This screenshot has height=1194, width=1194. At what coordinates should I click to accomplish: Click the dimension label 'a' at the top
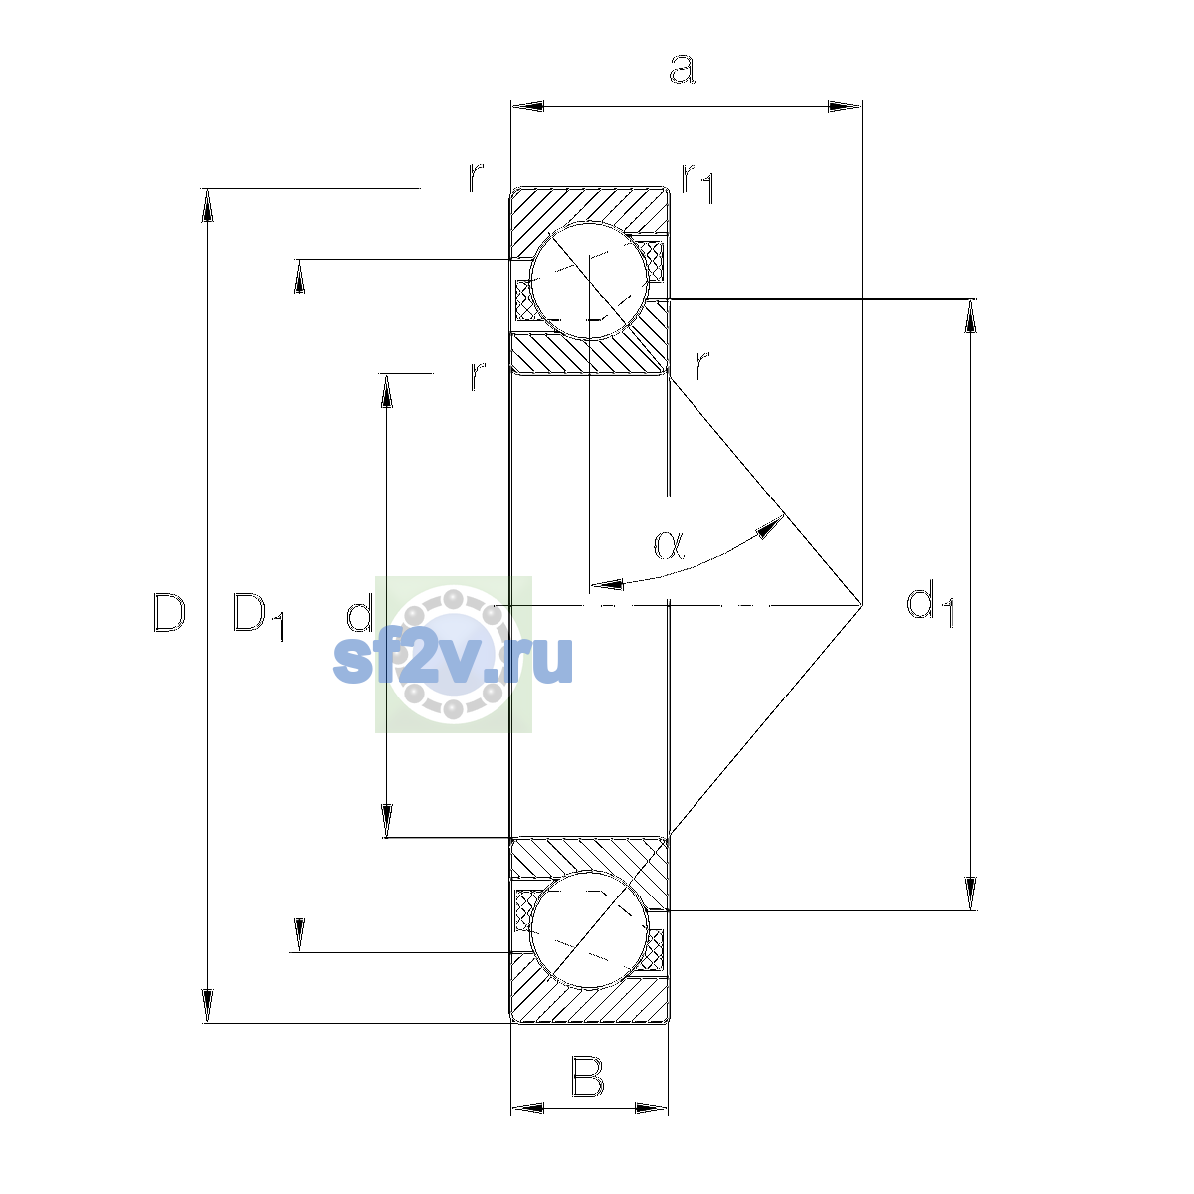pos(682,69)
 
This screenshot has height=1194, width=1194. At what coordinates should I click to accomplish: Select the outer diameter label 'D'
pos(169,613)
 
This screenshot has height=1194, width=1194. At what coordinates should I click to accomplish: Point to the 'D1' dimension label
pos(259,617)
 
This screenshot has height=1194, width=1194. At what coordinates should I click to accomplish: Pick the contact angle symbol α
pos(670,545)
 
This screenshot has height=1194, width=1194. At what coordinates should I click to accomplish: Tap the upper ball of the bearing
pos(589,281)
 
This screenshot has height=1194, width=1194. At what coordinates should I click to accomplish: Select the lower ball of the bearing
pos(589,930)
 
